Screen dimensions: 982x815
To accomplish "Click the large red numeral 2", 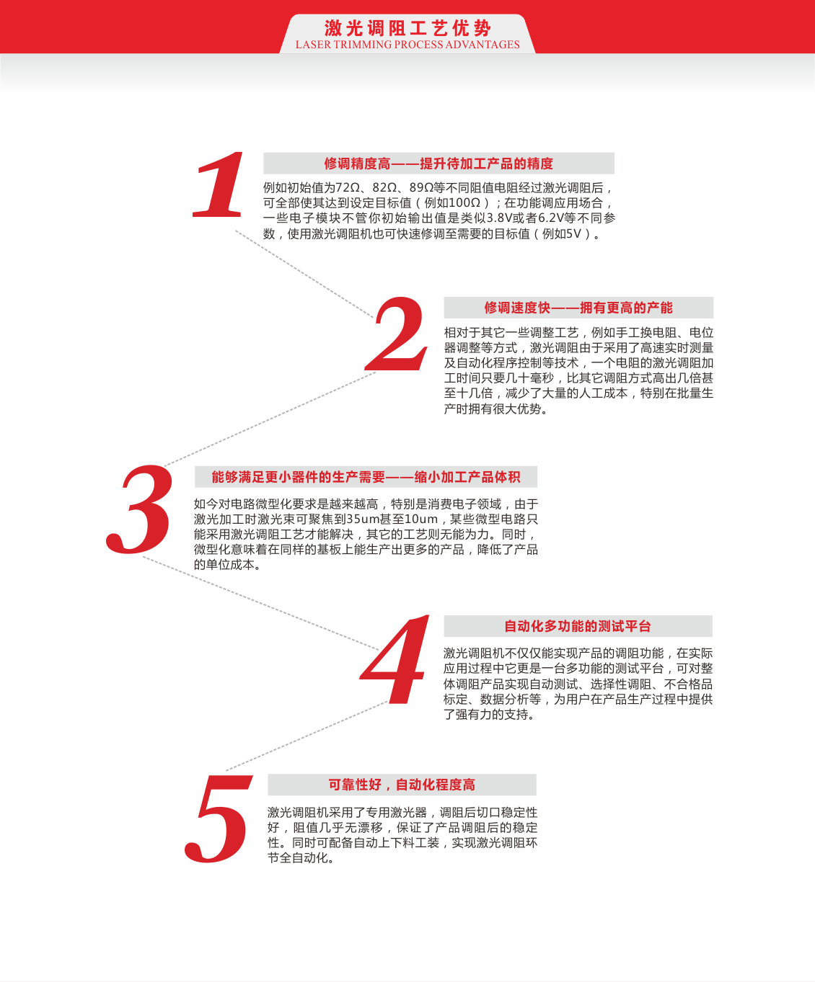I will click(397, 334).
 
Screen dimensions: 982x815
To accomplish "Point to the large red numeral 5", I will click(218, 818).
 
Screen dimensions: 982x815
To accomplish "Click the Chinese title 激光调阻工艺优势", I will click(407, 28).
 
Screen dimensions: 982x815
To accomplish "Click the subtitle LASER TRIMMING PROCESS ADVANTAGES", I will click(407, 45).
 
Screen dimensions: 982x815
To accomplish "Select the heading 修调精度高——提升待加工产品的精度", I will click(439, 164).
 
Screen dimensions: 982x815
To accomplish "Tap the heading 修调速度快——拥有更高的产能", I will click(578, 308).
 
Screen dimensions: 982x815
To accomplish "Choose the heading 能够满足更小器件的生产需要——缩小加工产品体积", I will click(366, 477).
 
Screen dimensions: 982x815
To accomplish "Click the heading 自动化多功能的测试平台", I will click(578, 626).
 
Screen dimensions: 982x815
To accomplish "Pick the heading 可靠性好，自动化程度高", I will click(402, 785).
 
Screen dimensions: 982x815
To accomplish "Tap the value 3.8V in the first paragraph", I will click(501, 218).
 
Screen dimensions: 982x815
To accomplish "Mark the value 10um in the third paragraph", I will click(421, 519).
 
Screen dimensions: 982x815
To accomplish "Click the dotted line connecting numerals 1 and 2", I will click(303, 273).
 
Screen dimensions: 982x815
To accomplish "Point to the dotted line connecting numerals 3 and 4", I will click(260, 602).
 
